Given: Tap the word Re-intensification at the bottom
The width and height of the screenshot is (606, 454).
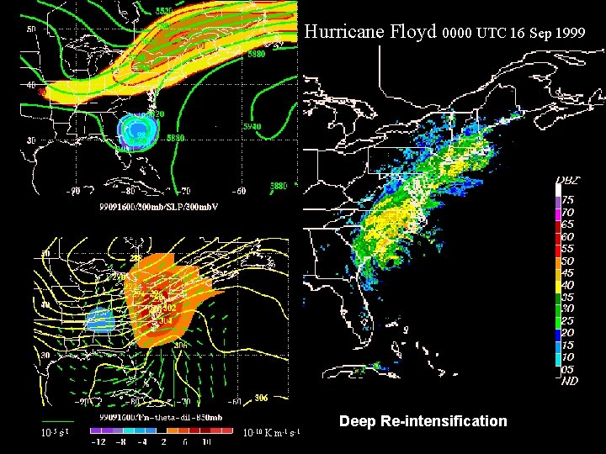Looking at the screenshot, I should pyautogui.click(x=454, y=420).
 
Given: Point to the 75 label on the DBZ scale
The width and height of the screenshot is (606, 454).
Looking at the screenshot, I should pyautogui.click(x=569, y=201).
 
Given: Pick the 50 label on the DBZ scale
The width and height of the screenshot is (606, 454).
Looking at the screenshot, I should pyautogui.click(x=569, y=261).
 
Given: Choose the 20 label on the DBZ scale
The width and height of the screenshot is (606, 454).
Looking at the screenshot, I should pyautogui.click(x=569, y=332).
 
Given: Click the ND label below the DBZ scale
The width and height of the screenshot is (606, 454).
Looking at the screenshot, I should pyautogui.click(x=570, y=380).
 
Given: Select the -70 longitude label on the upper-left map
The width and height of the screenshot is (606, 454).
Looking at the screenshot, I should pyautogui.click(x=174, y=191).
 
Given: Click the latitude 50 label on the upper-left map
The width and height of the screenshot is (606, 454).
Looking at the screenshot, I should pyautogui.click(x=30, y=29).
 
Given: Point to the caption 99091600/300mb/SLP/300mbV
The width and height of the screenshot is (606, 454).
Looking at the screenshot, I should pyautogui.click(x=158, y=207).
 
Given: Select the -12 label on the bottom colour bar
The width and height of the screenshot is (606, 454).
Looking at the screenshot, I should pyautogui.click(x=98, y=441).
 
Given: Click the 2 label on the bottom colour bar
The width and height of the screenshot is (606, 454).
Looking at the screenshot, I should pyautogui.click(x=163, y=441).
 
